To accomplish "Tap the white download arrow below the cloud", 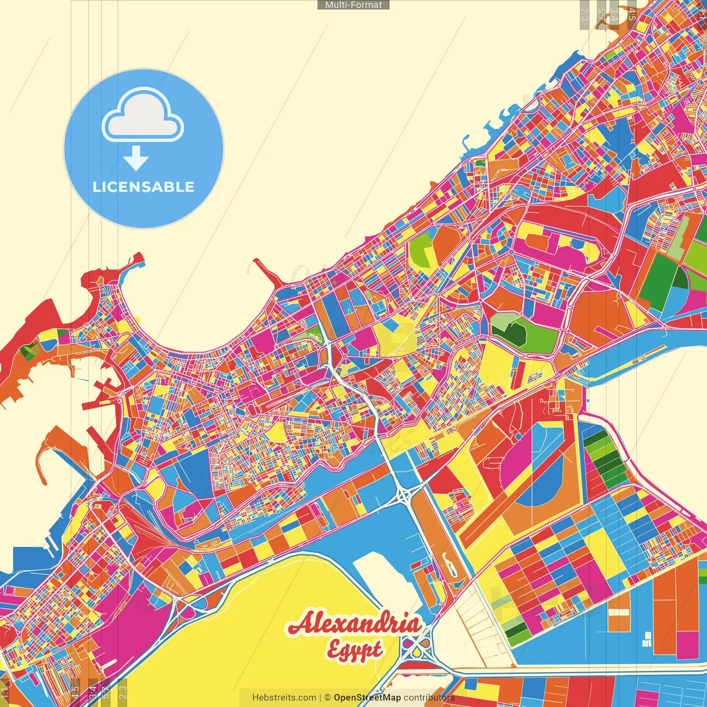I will tap(135, 159).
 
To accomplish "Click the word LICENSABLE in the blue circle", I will tap(144, 187).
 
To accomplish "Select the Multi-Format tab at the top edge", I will tap(353, 5).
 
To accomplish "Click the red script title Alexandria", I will tap(353, 624).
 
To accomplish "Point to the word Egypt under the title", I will tap(354, 650).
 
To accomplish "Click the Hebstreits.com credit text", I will tap(284, 698).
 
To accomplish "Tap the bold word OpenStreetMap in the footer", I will tap(367, 698).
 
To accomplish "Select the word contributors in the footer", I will tap(429, 698).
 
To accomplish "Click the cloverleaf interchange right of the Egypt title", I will tap(417, 649).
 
